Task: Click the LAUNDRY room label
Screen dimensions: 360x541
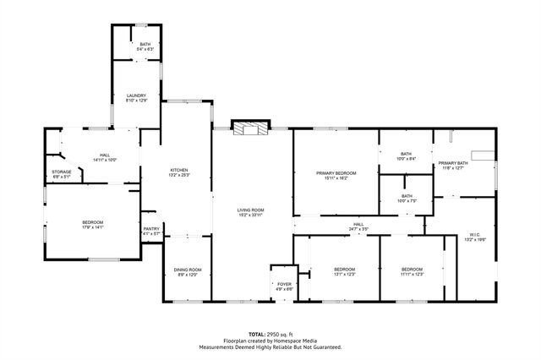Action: pyautogui.click(x=137, y=95)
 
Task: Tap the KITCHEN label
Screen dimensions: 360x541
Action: pyautogui.click(x=178, y=170)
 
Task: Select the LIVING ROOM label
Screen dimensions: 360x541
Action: pyautogui.click(x=251, y=209)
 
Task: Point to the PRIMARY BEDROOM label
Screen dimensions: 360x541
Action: pyautogui.click(x=336, y=172)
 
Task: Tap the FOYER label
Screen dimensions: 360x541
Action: pyautogui.click(x=284, y=284)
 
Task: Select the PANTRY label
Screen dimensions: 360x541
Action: pyautogui.click(x=151, y=228)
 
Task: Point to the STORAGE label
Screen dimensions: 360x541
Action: pyautogui.click(x=62, y=172)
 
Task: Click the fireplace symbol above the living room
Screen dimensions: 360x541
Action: pyautogui.click(x=250, y=129)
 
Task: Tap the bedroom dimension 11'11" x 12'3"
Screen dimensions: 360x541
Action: pyautogui.click(x=412, y=275)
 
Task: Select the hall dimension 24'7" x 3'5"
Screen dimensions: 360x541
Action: pyautogui.click(x=358, y=229)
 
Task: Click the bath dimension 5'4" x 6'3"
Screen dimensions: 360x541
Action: pyautogui.click(x=145, y=50)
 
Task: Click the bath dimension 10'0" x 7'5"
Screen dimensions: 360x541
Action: pyautogui.click(x=407, y=201)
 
